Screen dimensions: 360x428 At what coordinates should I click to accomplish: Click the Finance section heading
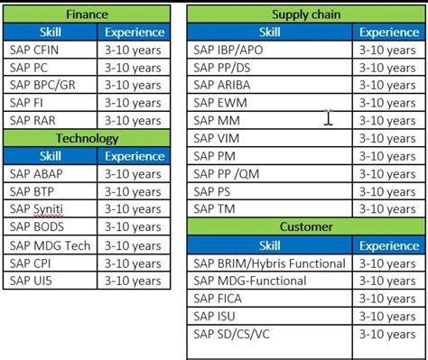click(87, 14)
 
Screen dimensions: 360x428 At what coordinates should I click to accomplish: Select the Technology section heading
click(87, 138)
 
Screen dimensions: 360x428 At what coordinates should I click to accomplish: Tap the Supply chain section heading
click(305, 14)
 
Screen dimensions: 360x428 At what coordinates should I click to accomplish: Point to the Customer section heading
click(305, 226)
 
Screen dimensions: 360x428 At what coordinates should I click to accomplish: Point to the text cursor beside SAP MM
click(330, 117)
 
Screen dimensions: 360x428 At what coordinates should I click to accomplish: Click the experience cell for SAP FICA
click(388, 299)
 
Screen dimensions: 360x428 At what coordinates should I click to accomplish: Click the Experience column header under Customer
click(388, 245)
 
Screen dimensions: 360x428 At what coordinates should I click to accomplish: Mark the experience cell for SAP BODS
click(132, 226)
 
